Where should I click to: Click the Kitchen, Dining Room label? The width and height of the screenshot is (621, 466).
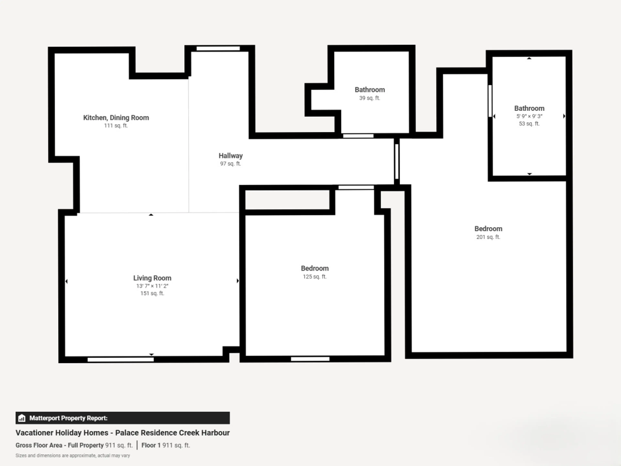(116, 118)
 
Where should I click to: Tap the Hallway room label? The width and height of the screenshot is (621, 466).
(230, 156)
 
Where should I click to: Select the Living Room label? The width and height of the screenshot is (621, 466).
(152, 278)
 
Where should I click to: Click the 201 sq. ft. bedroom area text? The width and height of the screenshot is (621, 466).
(488, 237)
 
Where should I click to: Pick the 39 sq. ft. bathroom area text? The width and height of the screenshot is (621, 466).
(370, 98)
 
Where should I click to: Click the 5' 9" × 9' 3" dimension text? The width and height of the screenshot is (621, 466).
(529, 116)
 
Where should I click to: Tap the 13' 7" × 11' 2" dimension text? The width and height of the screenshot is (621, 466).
(152, 286)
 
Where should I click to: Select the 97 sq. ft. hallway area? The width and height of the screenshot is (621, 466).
(230, 164)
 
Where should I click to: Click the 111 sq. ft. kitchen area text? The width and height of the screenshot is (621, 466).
(116, 126)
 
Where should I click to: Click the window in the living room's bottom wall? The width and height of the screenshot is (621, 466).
(121, 360)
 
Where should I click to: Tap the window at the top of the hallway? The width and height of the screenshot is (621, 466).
(218, 48)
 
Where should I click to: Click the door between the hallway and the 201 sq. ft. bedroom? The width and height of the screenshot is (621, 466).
(397, 161)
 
